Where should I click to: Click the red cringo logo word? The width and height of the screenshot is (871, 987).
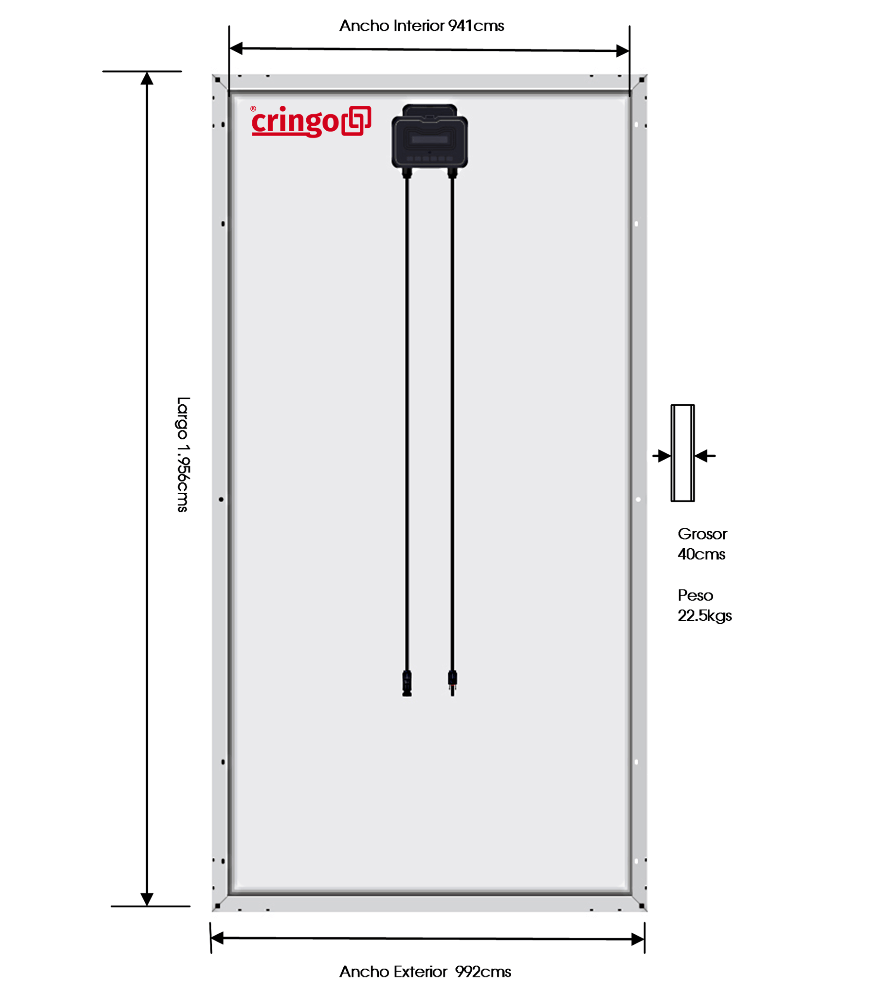[x=295, y=122]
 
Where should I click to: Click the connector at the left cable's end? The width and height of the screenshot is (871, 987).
[x=407, y=683]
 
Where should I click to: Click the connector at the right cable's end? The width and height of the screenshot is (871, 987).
[x=452, y=682]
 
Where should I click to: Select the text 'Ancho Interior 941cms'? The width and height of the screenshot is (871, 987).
[x=421, y=25]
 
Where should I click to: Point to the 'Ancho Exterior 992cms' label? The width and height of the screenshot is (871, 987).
[x=425, y=971]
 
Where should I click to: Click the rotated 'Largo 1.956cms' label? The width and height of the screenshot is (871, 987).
[x=183, y=454]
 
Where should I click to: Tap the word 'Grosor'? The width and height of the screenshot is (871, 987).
[x=702, y=534]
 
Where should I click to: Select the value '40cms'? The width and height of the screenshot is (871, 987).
[x=701, y=554]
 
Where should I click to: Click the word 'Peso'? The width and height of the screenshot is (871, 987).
[x=695, y=595]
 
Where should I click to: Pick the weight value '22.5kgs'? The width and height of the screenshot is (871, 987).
[x=705, y=615]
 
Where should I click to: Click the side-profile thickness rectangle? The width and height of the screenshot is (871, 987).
[x=682, y=453]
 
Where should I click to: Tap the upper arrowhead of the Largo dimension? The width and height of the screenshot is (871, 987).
[x=147, y=78]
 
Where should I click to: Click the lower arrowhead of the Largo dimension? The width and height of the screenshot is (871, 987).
[x=147, y=899]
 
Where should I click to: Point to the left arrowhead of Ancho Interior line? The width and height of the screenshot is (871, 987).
[x=236, y=48]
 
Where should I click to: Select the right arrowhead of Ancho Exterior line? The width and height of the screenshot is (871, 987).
[x=638, y=939]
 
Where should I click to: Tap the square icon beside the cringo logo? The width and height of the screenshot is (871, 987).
[x=356, y=121]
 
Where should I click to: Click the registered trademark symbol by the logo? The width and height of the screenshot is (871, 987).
[x=254, y=108]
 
